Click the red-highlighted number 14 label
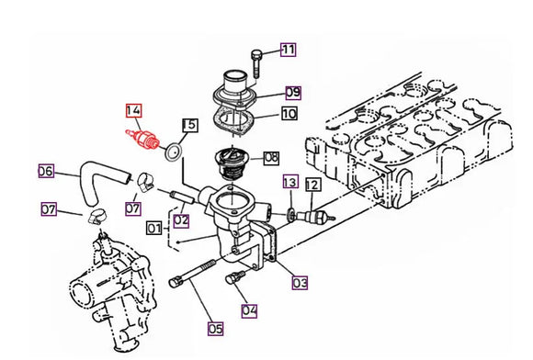134,113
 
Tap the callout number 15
190,124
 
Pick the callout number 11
289,50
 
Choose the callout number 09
293,92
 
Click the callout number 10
289,114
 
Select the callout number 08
271,157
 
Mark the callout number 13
289,182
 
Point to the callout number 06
45,170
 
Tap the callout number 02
181,220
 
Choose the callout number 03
300,284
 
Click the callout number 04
247,309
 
